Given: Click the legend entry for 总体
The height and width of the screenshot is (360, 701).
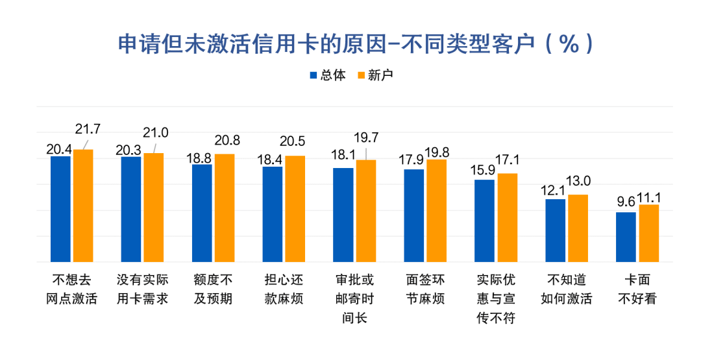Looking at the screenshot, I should [x=327, y=75].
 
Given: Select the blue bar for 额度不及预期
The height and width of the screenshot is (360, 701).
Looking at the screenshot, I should [x=202, y=213].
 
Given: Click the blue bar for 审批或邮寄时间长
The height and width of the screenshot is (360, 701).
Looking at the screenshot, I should [x=343, y=215].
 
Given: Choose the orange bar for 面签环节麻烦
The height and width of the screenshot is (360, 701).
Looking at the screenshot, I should [x=437, y=210].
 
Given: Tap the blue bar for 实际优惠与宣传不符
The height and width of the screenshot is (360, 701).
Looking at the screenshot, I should [x=485, y=221].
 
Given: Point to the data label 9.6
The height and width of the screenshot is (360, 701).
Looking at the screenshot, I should [x=626, y=202].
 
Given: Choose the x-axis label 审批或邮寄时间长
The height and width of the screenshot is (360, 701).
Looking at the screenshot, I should [x=354, y=299].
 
